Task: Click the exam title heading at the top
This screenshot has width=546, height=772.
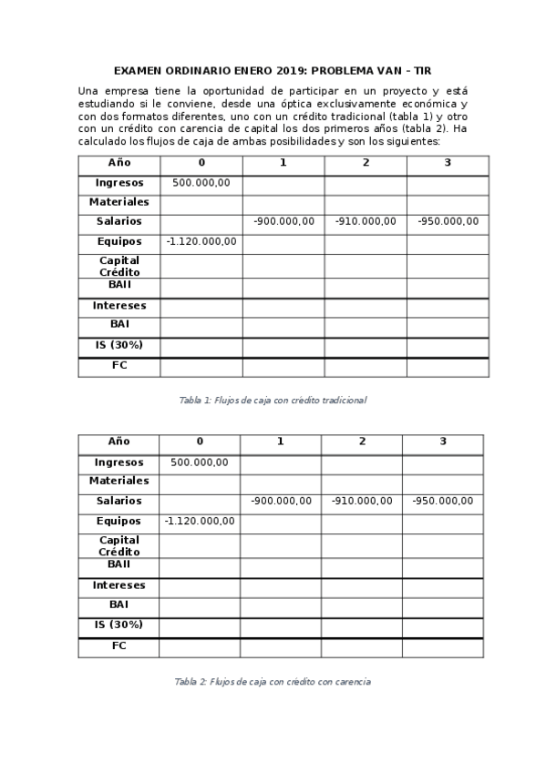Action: click(273, 70)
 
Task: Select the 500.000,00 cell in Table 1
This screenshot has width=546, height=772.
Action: click(201, 183)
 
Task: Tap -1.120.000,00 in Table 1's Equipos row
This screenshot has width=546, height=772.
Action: click(201, 242)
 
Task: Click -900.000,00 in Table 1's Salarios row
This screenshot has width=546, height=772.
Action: click(283, 222)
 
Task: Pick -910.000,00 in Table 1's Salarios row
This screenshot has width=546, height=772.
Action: click(366, 222)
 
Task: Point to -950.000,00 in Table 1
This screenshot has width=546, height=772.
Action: click(448, 222)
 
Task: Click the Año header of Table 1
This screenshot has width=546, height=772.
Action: click(118, 163)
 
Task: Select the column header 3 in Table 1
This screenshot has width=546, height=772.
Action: click(448, 163)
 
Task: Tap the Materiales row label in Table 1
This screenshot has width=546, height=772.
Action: click(118, 202)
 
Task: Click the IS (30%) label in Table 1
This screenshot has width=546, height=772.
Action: click(118, 346)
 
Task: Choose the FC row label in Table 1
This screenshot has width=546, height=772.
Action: click(118, 366)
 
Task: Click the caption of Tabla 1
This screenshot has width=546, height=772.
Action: click(273, 400)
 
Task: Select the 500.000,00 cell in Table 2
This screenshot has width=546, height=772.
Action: click(199, 462)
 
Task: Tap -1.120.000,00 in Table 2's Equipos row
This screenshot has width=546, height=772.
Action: click(199, 522)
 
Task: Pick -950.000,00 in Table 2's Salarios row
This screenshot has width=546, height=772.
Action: click(442, 502)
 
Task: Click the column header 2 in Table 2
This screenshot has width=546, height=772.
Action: click(362, 442)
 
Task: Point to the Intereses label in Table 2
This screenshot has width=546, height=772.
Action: click(118, 585)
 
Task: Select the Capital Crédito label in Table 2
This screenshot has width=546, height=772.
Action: click(118, 545)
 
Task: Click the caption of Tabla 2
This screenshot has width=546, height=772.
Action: click(273, 681)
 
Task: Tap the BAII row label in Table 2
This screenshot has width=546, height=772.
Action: click(118, 564)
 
